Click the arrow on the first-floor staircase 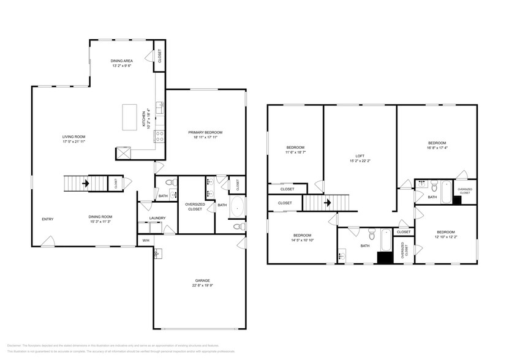click(86, 182)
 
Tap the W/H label click(146, 240)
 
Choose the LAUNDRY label click(157, 218)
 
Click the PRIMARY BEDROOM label click(205, 132)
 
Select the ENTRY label click(47, 219)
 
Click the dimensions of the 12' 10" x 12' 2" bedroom click(445, 237)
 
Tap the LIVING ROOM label click(74, 137)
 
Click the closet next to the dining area click(159, 59)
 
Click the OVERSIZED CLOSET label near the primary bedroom click(195, 207)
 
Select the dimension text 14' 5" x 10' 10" click(302, 241)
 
